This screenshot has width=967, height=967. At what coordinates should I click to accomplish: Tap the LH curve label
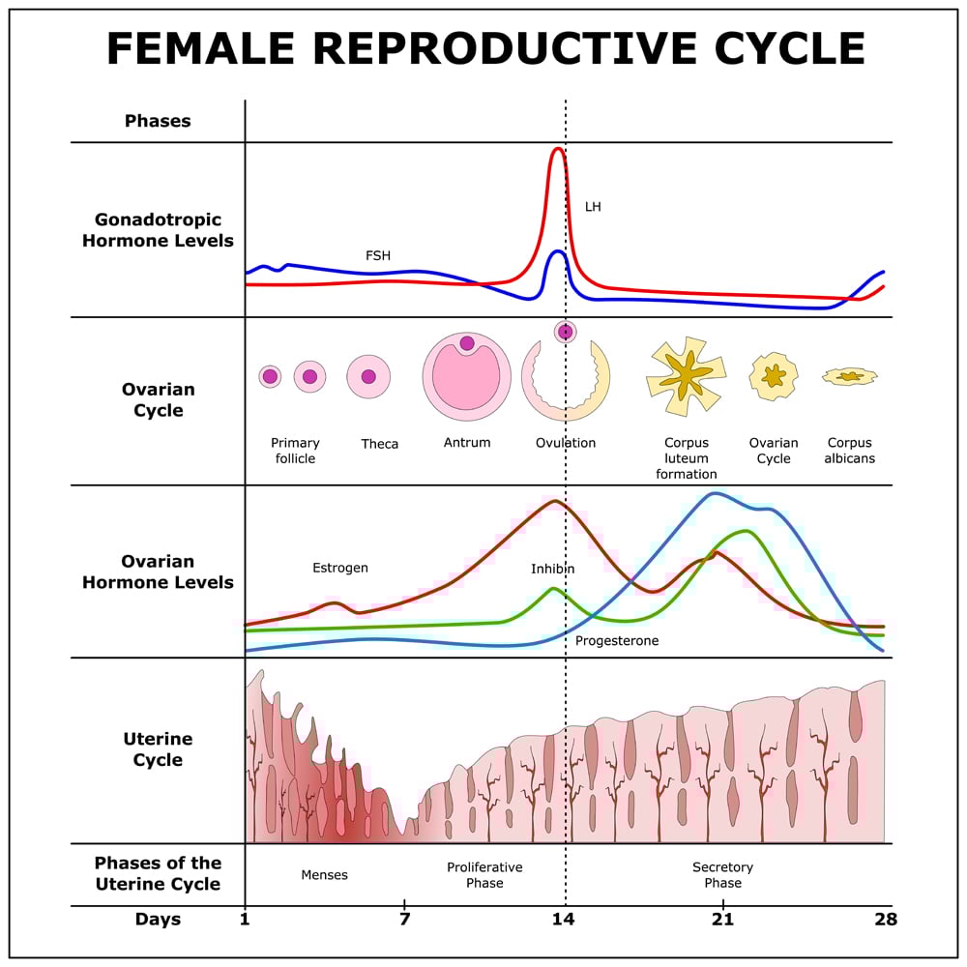click(593, 207)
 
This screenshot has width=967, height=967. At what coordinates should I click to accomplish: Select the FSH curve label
click(378, 256)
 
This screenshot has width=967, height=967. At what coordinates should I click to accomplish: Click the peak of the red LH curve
click(557, 149)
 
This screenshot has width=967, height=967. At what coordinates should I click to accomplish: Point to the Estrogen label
click(340, 568)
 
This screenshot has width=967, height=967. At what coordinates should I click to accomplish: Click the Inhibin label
click(552, 569)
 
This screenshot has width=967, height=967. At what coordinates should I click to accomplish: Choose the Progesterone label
click(617, 640)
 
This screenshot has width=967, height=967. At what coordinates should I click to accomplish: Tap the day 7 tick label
click(404, 919)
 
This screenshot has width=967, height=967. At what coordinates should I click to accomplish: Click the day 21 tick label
click(722, 919)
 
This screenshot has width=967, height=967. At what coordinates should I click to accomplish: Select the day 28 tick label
click(884, 919)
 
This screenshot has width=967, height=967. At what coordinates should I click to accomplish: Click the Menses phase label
click(324, 875)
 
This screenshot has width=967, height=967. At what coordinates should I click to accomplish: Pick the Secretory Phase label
click(722, 875)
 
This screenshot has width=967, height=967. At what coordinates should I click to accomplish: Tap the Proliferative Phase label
click(484, 875)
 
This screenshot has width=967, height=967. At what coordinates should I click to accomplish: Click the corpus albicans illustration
click(850, 376)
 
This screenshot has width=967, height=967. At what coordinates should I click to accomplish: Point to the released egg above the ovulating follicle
click(565, 332)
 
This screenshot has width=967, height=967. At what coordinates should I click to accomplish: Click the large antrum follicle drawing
click(466, 376)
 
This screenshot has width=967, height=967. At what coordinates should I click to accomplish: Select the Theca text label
click(380, 444)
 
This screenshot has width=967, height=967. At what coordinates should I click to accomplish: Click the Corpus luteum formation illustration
click(686, 376)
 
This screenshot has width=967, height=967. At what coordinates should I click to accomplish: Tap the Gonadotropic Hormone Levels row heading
click(158, 230)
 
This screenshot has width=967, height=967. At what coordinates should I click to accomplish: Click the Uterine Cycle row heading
click(158, 749)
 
